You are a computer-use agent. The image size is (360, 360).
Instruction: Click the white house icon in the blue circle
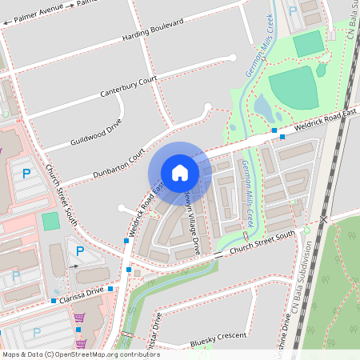180,173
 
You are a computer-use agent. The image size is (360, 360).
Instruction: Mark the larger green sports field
293,88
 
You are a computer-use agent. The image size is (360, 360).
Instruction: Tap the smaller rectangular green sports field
307,45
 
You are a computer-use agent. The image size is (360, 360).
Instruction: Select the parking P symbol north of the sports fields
292,10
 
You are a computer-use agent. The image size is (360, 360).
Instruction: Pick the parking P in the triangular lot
78,251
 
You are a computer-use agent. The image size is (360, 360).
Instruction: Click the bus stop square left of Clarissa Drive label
54,301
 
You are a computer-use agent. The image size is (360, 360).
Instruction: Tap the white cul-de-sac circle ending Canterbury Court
233,58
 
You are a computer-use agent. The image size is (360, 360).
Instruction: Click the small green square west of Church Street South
50,221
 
